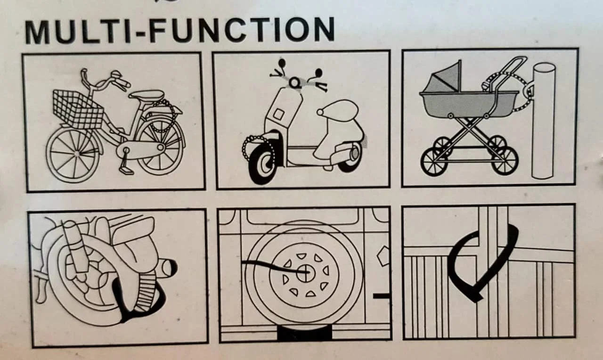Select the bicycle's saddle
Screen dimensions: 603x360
(147, 95)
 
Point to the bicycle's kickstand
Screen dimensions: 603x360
(125, 165)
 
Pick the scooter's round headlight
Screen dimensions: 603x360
(295, 82)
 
